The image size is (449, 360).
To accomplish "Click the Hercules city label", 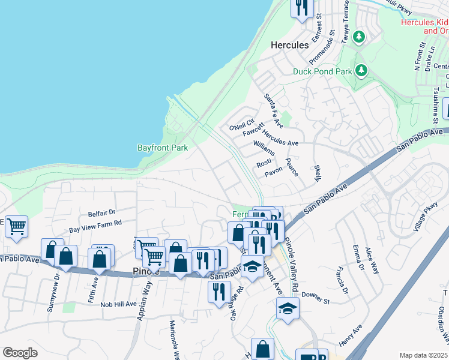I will click(289, 45).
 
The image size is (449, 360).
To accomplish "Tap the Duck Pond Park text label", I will click(321, 71).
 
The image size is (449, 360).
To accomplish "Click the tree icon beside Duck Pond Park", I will click(361, 71).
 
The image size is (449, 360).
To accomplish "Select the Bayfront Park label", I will click(163, 148).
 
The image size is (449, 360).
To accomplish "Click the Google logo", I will click(20, 353).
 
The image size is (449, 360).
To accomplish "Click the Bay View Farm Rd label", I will click(95, 226).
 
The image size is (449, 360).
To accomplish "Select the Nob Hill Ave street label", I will click(119, 304).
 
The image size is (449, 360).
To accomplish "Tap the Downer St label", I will click(316, 298).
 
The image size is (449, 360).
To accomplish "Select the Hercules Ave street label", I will click(280, 139).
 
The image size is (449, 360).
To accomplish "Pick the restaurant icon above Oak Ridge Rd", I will click(217, 291).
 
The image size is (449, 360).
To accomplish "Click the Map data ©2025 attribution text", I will click(424, 355).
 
